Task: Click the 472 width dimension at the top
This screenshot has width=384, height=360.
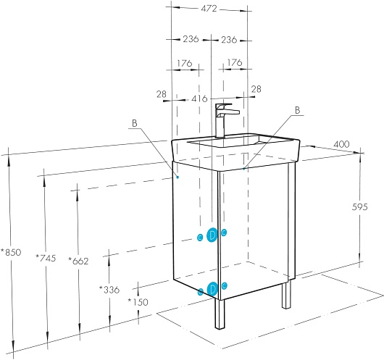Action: point(209,9)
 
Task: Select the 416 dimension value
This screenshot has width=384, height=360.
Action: point(199,99)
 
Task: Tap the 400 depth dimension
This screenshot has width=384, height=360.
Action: point(341,144)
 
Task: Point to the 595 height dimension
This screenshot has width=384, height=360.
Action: point(360,207)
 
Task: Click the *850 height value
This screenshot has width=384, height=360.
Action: point(11,252)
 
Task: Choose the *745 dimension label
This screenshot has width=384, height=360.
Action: point(46,258)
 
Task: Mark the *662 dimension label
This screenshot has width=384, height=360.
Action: point(78,261)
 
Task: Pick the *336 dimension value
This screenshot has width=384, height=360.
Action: point(109,290)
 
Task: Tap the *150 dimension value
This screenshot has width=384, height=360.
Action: point(138,302)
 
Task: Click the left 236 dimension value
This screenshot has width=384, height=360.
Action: point(191,39)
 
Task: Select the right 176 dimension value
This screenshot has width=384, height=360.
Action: point(235,63)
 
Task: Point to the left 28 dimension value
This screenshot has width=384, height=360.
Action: point(162,94)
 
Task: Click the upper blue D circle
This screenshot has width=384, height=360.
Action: point(212,235)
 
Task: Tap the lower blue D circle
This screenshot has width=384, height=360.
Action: point(212,289)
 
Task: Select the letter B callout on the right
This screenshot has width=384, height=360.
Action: point(297,110)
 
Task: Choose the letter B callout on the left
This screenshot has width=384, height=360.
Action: point(135,123)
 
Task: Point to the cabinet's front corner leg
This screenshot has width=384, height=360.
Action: point(220,314)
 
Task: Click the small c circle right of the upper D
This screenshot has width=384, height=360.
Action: point(224,233)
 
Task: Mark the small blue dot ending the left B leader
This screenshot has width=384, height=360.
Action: point(178,177)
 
